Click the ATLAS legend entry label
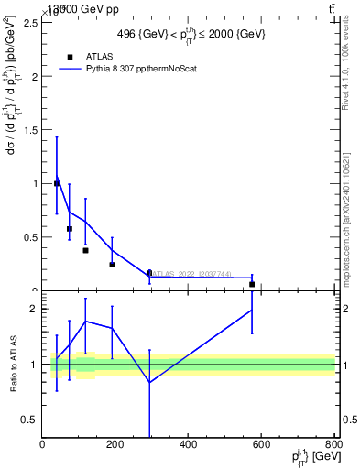pyautogui.click(x=98, y=56)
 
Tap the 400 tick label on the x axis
pyautogui.click(x=189, y=444)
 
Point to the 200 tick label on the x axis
pyautogui.click(x=115, y=444)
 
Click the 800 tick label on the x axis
pyautogui.click(x=333, y=444)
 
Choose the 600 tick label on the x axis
pyautogui.click(x=261, y=444)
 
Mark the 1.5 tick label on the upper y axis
pyautogui.click(x=30, y=130)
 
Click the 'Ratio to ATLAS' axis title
pyautogui.click(x=14, y=364)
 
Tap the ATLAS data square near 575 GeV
pyautogui.click(x=252, y=284)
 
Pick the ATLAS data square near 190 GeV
pyautogui.click(x=112, y=265)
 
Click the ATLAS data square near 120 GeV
pyautogui.click(x=85, y=250)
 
